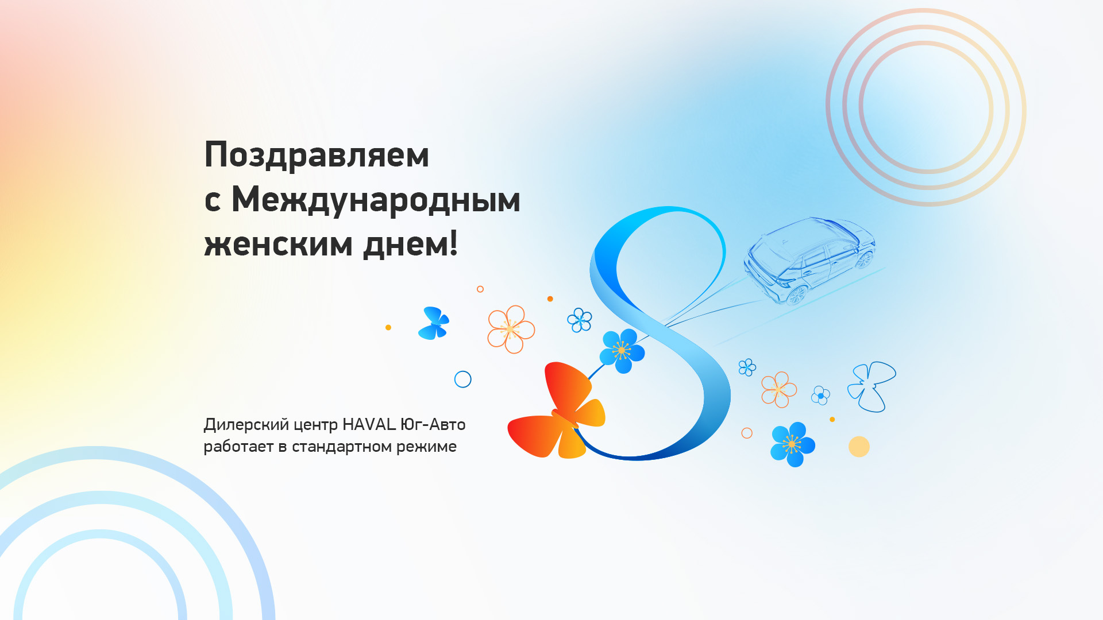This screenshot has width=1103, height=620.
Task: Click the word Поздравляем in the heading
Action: (x=317, y=156)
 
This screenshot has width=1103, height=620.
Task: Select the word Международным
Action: (x=376, y=199)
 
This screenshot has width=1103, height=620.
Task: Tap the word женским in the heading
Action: (x=279, y=244)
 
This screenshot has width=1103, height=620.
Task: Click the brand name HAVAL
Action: (x=369, y=424)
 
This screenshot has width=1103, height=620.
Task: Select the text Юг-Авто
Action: (x=433, y=424)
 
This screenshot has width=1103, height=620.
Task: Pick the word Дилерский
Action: (x=246, y=425)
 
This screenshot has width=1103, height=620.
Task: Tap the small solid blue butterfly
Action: (x=434, y=323)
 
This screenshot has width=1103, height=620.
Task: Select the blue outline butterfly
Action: (x=871, y=386)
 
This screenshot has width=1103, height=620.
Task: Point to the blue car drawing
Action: (x=810, y=260)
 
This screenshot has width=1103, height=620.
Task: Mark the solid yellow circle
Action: (x=859, y=447)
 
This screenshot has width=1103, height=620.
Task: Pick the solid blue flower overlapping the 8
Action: (x=622, y=351)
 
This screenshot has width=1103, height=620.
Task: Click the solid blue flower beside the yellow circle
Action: (x=792, y=444)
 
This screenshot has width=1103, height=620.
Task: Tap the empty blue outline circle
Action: (x=462, y=379)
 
